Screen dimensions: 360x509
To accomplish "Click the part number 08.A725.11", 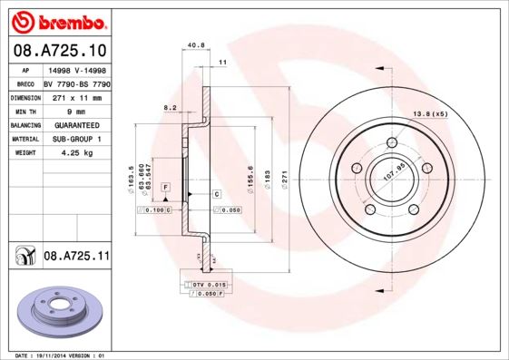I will pyautogui.click(x=76, y=258).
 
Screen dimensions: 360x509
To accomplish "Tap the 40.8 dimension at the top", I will pyautogui.click(x=192, y=43).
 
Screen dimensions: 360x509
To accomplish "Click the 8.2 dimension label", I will pyautogui.click(x=169, y=107).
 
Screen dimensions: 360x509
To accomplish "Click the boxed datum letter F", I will pyautogui.click(x=166, y=187).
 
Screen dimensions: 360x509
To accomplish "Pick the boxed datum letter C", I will pyautogui.click(x=217, y=194).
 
